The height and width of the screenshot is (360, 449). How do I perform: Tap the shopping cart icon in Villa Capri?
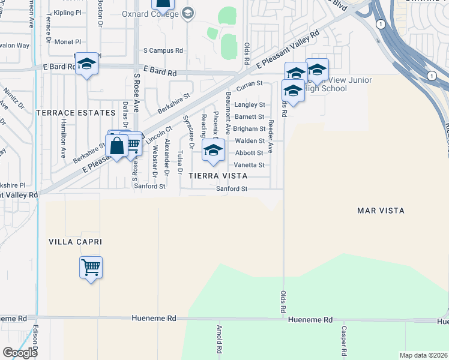pos(91,268)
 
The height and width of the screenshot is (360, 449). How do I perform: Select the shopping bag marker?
pos(116,146)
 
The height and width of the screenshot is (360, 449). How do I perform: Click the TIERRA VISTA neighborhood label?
pos(218,176)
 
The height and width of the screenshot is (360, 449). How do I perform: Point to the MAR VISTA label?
pos(381,211)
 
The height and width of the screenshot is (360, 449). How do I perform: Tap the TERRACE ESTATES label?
pos(76,113)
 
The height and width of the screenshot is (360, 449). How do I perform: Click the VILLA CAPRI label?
pos(76,242)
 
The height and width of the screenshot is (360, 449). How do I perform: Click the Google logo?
pos(20,352)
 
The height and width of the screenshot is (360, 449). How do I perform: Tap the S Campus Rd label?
pos(163,51)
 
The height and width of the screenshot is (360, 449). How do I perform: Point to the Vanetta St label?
pos(250,165)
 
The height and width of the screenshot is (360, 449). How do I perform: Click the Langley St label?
pos(250,105)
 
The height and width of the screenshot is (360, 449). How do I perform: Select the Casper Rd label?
pos(344,340)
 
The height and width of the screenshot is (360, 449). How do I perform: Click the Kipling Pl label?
pos(67,13)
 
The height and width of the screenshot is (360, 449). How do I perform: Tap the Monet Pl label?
pos(67,42)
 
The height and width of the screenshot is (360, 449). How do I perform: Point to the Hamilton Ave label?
pos(63,137)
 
